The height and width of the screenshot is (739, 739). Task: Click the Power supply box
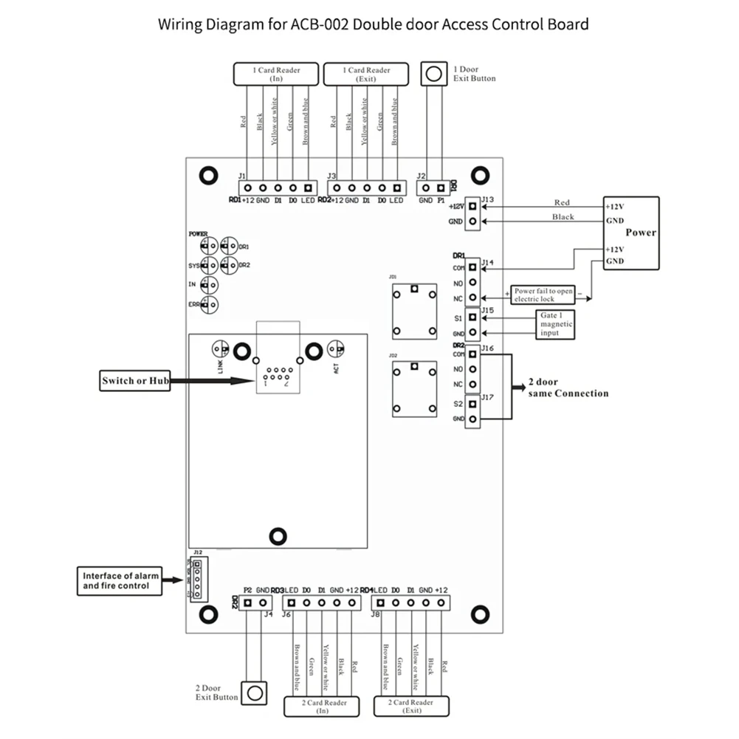pos(630,233)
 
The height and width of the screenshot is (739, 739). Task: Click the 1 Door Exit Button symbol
pos(435,74)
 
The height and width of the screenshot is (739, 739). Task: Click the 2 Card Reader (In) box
pos(322,707)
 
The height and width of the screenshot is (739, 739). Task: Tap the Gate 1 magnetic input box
pos(555,324)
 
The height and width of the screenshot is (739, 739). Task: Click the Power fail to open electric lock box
pos(543,295)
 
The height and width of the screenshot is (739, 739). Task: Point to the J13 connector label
pos(487,200)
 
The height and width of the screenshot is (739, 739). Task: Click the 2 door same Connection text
pos(568,389)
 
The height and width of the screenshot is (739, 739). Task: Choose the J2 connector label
pos(422,176)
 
